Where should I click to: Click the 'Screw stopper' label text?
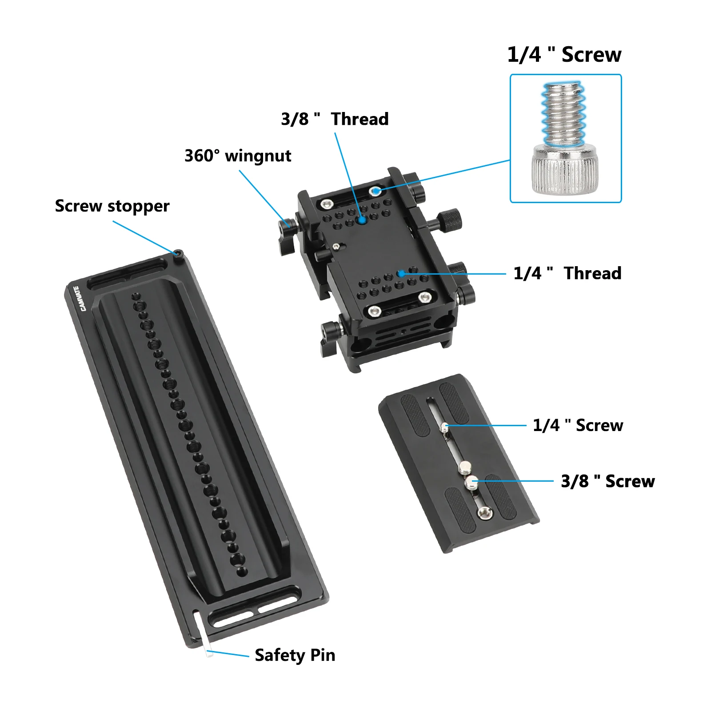(112, 206)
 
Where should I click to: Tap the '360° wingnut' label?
(238, 156)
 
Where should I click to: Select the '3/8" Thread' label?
(335, 119)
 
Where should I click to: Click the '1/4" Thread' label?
(567, 273)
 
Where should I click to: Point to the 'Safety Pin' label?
(295, 655)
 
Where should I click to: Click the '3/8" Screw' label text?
(607, 481)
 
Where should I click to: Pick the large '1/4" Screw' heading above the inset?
(564, 55)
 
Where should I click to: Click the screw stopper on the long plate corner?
(178, 254)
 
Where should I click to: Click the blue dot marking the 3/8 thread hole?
(362, 220)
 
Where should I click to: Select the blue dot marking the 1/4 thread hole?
(401, 274)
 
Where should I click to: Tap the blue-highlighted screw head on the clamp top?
(376, 191)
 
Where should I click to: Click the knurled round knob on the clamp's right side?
(449, 220)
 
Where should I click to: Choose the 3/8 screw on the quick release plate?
(471, 481)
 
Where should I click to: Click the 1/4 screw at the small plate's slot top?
(444, 427)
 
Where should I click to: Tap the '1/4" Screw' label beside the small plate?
(578, 425)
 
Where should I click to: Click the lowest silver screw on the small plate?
(484, 513)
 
